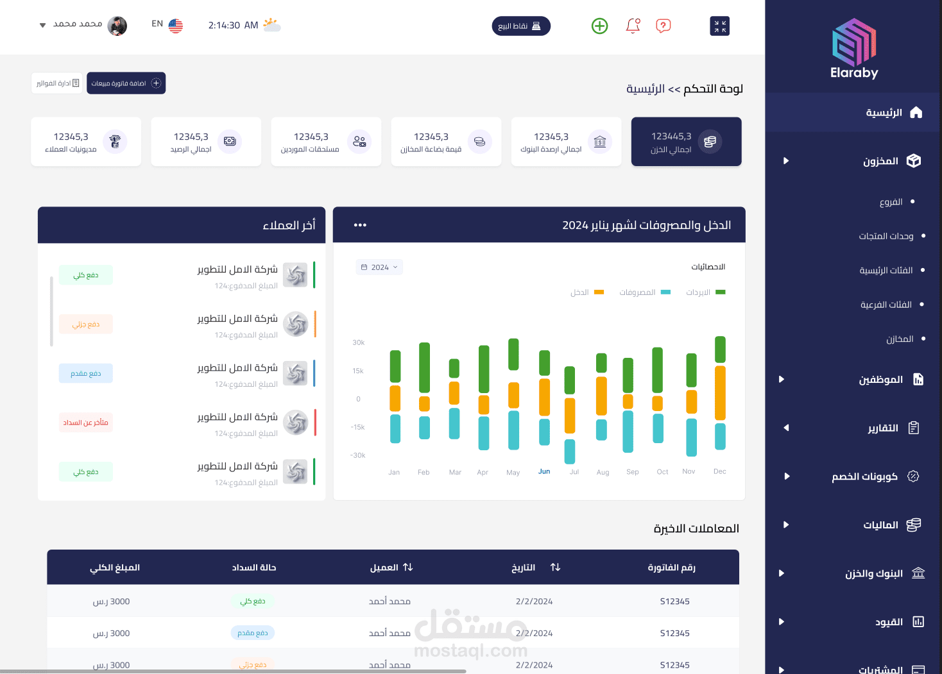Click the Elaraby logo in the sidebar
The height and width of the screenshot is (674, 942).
click(x=854, y=49)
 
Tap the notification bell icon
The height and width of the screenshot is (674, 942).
click(x=633, y=26)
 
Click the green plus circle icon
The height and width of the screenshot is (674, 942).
click(x=599, y=26)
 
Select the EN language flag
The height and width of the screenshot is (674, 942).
click(x=175, y=26)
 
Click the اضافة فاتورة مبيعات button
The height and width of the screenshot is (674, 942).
click(x=126, y=83)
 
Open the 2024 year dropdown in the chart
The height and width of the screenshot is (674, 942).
click(x=379, y=267)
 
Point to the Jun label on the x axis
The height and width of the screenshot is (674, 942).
click(x=544, y=471)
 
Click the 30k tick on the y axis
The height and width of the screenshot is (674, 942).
click(x=358, y=342)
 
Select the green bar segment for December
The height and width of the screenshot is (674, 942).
click(x=720, y=350)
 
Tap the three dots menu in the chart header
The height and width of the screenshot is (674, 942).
click(x=360, y=225)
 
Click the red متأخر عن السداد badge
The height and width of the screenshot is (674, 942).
click(x=85, y=423)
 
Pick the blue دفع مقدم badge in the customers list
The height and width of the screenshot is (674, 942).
click(x=85, y=374)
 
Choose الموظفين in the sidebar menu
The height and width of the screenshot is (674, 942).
click(x=880, y=380)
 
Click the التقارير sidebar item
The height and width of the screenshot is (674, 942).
click(x=883, y=428)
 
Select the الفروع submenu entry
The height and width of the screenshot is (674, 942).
click(x=891, y=202)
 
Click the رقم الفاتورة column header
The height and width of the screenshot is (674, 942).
click(x=671, y=568)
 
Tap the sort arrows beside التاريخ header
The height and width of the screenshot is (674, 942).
click(x=555, y=568)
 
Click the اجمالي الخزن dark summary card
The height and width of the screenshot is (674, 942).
click(x=686, y=142)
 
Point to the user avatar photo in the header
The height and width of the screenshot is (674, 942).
click(x=117, y=26)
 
